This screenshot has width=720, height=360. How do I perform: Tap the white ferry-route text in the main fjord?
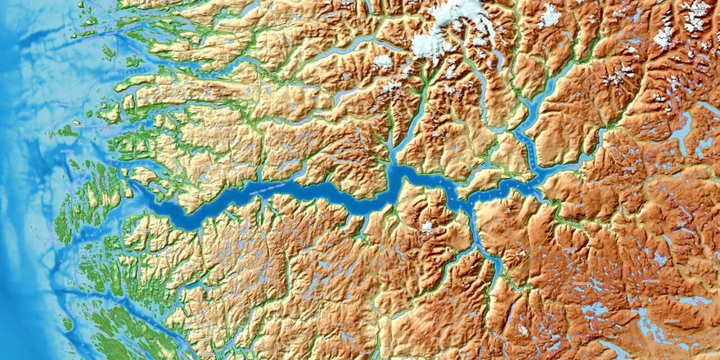270,190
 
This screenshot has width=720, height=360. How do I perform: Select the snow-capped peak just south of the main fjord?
427,227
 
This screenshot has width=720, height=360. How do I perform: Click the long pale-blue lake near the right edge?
682,129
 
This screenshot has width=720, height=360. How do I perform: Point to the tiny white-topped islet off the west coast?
76,123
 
